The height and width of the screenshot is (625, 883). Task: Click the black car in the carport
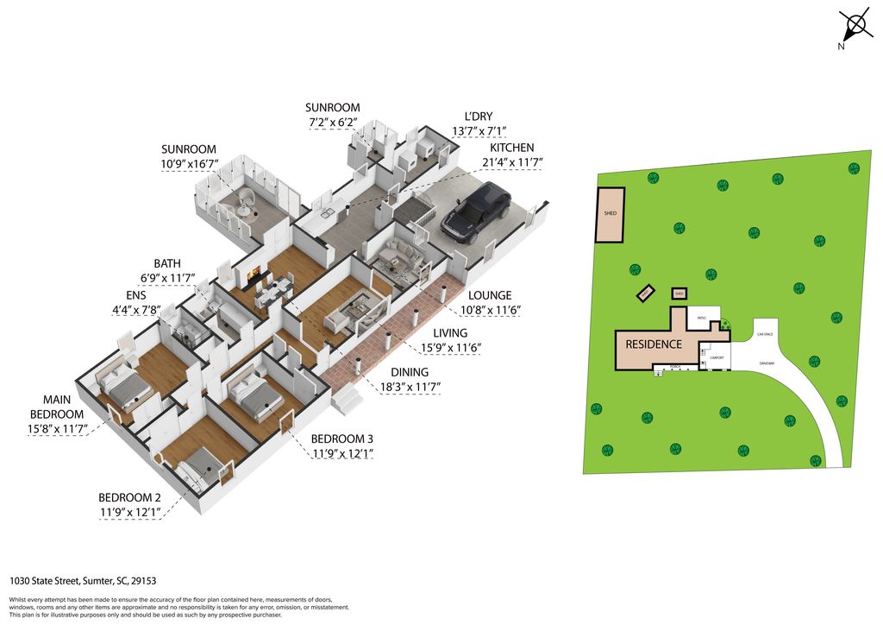pos(476,214)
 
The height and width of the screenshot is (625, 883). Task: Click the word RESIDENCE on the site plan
pos(654,344)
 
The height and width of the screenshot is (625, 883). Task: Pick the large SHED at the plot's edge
pos(611,214)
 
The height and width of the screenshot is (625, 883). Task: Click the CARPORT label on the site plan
pos(717,357)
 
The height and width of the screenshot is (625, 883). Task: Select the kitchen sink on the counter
pos(326,211)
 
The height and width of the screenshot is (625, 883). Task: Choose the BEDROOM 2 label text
pos(129,497)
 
